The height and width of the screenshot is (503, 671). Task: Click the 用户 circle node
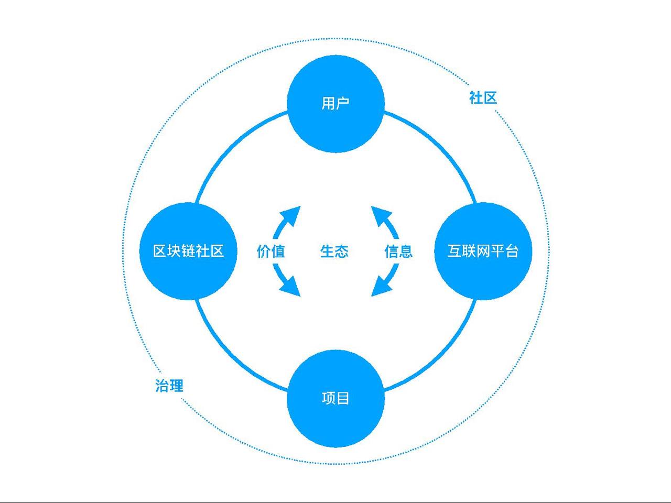[x=335, y=103]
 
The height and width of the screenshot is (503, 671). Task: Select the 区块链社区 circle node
[x=188, y=251]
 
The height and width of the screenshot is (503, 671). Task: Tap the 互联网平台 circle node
[x=483, y=251]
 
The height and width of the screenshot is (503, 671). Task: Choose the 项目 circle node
[x=335, y=399]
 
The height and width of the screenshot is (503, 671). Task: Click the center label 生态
[x=334, y=251]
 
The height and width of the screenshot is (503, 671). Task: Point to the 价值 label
[x=270, y=251]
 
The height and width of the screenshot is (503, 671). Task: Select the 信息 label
[x=398, y=251]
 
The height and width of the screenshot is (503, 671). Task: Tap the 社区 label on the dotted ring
[x=483, y=97]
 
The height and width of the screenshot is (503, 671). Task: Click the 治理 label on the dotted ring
[x=169, y=386]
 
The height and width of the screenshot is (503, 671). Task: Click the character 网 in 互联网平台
[x=482, y=251]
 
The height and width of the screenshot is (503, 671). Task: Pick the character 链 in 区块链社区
[x=188, y=251]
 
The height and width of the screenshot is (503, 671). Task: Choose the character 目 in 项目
[x=343, y=399]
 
